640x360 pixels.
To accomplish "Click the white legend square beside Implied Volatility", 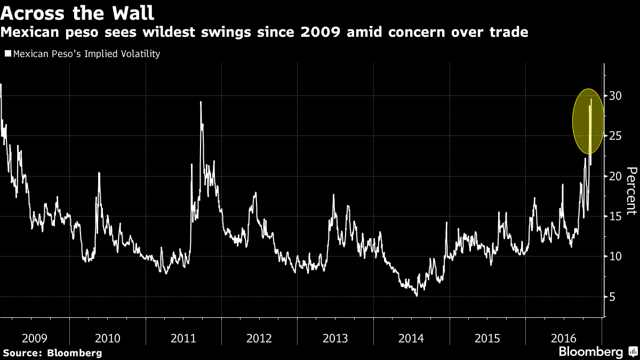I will point(7,54).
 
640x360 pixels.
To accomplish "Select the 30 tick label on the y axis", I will point(616,95).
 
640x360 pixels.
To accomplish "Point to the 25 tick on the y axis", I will point(616,136).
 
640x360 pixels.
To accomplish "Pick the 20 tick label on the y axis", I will point(616,176).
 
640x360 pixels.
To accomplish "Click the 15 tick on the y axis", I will point(616,216).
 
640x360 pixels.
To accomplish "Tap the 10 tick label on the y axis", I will point(616,257).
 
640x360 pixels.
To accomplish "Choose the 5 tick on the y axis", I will point(613,297).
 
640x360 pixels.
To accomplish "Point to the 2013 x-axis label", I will point(335,338).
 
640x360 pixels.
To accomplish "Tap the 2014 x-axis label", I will point(411,338).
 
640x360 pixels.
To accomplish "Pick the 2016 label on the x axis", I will point(563,338).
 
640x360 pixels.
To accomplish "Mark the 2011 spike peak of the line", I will point(201,102).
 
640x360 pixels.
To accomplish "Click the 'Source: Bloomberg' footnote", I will point(52,353).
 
